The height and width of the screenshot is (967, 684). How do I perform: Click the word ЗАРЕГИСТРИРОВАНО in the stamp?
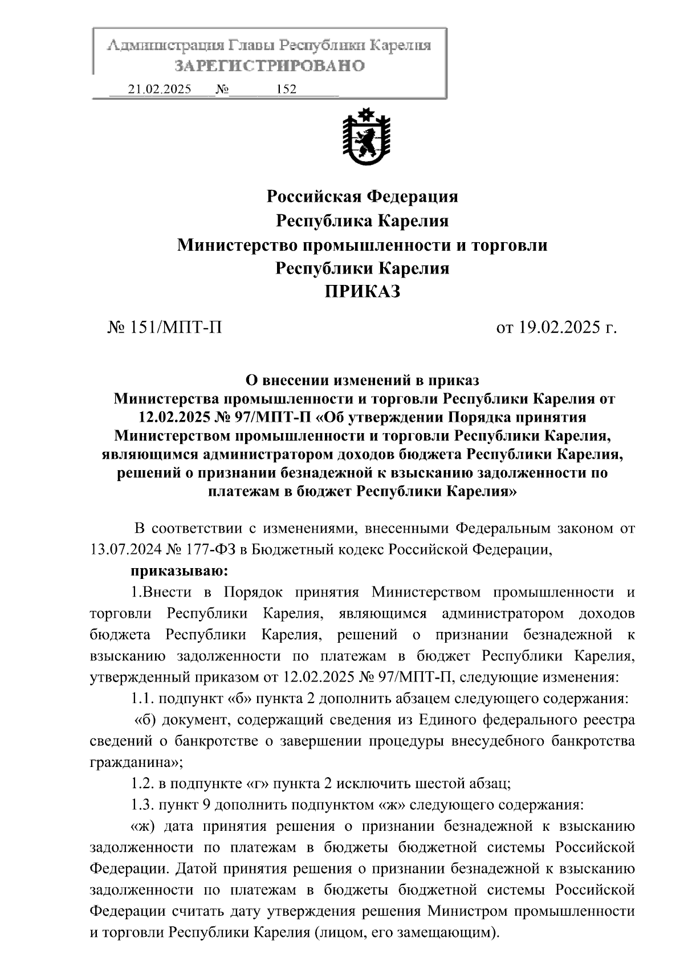tap(269, 66)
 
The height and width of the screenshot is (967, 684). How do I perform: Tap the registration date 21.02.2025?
tap(160, 89)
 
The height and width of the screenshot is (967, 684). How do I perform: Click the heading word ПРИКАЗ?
tap(363, 292)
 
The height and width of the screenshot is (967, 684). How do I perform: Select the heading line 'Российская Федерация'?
tap(363, 197)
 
